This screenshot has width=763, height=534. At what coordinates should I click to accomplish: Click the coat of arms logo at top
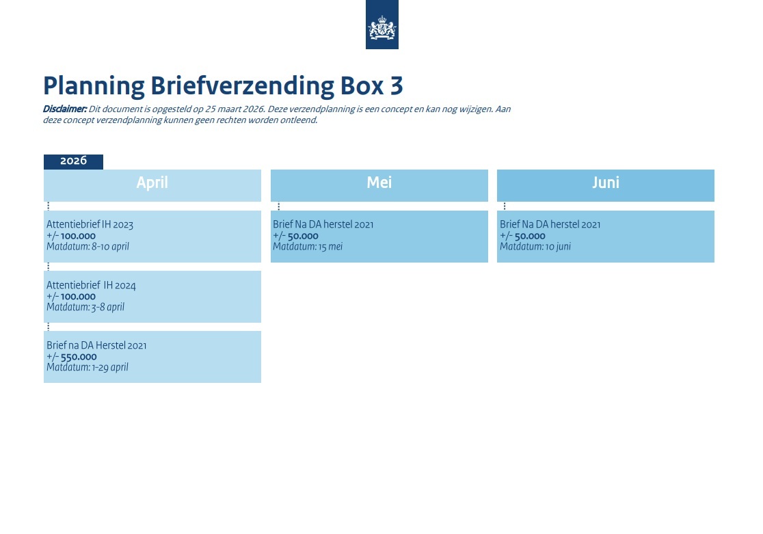(x=382, y=25)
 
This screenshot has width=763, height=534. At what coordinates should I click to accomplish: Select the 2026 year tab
(x=73, y=161)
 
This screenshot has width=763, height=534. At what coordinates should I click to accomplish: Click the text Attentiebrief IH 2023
(x=90, y=224)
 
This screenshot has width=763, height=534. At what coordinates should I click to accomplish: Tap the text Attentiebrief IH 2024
(x=91, y=284)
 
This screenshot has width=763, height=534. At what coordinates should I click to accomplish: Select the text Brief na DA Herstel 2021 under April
(x=96, y=345)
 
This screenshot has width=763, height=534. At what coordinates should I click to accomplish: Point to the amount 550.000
(x=79, y=357)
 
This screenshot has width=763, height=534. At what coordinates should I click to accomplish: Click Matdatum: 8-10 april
(x=88, y=246)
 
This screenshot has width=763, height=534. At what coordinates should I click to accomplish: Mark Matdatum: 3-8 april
(x=85, y=307)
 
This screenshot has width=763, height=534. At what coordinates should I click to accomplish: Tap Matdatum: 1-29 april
(x=88, y=367)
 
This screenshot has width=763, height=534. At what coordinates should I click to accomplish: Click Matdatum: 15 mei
(x=308, y=246)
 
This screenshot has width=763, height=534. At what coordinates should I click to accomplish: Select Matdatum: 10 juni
(x=535, y=246)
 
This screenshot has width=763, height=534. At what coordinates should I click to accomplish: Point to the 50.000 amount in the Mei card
(x=303, y=236)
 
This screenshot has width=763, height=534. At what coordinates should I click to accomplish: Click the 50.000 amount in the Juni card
(x=530, y=236)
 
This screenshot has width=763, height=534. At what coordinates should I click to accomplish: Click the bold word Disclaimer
(x=65, y=109)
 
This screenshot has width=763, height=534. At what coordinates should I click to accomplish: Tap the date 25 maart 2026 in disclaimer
(x=235, y=109)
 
